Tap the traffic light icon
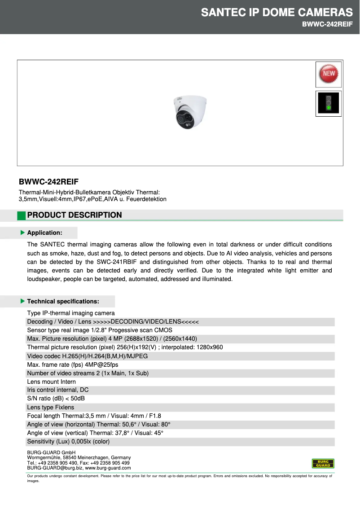329,104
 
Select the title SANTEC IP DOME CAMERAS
277,13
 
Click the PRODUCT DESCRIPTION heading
75,215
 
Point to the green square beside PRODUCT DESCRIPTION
22,215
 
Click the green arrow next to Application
22,233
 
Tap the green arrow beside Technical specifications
22,301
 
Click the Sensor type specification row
100,330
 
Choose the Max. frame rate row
73,364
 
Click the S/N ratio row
56,399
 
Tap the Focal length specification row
94,416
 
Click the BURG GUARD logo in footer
323,463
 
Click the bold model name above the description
48,182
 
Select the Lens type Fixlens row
51,407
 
